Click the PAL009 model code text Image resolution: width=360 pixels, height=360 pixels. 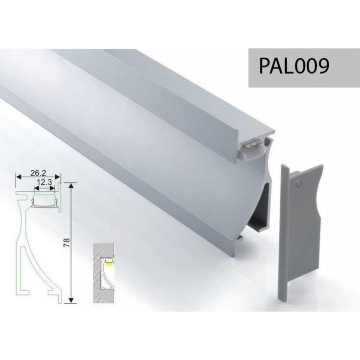tap(293, 66)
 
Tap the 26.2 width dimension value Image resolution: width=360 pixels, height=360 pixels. tap(38, 172)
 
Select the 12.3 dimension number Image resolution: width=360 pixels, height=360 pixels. tap(45, 182)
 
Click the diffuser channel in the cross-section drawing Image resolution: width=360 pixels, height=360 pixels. tap(45, 201)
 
